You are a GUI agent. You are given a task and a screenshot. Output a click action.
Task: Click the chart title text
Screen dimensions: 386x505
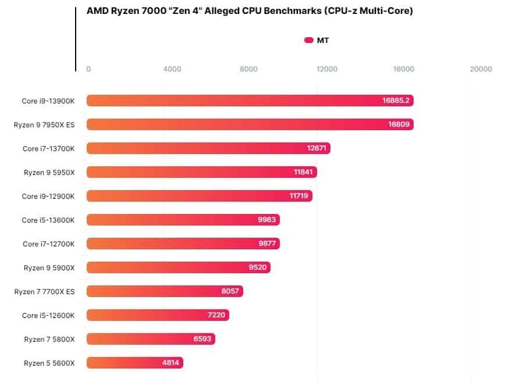[x=250, y=11]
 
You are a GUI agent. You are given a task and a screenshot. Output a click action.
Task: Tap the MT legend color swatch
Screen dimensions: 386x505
[x=309, y=40]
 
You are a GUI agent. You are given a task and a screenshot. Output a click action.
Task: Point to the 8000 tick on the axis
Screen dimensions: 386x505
[x=248, y=69]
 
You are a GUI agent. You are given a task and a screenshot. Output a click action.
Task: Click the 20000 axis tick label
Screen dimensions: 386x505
[x=481, y=69]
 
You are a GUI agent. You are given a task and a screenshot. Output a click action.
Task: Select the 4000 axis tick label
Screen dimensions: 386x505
[x=172, y=69]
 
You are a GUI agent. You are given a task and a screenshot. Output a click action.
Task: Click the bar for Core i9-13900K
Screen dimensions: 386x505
[x=250, y=101]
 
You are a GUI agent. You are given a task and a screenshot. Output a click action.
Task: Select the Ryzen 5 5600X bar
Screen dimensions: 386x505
[x=135, y=363]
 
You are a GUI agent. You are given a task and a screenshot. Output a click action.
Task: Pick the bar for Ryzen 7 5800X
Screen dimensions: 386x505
[x=151, y=339]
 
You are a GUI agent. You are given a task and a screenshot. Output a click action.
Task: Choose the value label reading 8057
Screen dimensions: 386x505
[x=230, y=291]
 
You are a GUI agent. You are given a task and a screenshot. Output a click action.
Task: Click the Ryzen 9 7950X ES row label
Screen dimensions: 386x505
[x=44, y=124]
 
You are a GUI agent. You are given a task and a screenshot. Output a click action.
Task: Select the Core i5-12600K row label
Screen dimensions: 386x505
[x=48, y=315]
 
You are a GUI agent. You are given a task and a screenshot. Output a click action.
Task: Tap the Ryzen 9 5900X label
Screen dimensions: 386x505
[x=49, y=267]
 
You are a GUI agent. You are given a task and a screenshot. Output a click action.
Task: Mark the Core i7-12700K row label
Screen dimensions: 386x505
[x=49, y=244]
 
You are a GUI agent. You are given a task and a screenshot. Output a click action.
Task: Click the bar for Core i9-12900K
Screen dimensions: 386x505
[x=200, y=196]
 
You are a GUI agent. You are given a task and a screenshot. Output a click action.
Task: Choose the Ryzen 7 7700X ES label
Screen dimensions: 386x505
[x=45, y=291]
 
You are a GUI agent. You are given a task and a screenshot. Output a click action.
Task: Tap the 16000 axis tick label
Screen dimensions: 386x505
[x=403, y=69]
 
